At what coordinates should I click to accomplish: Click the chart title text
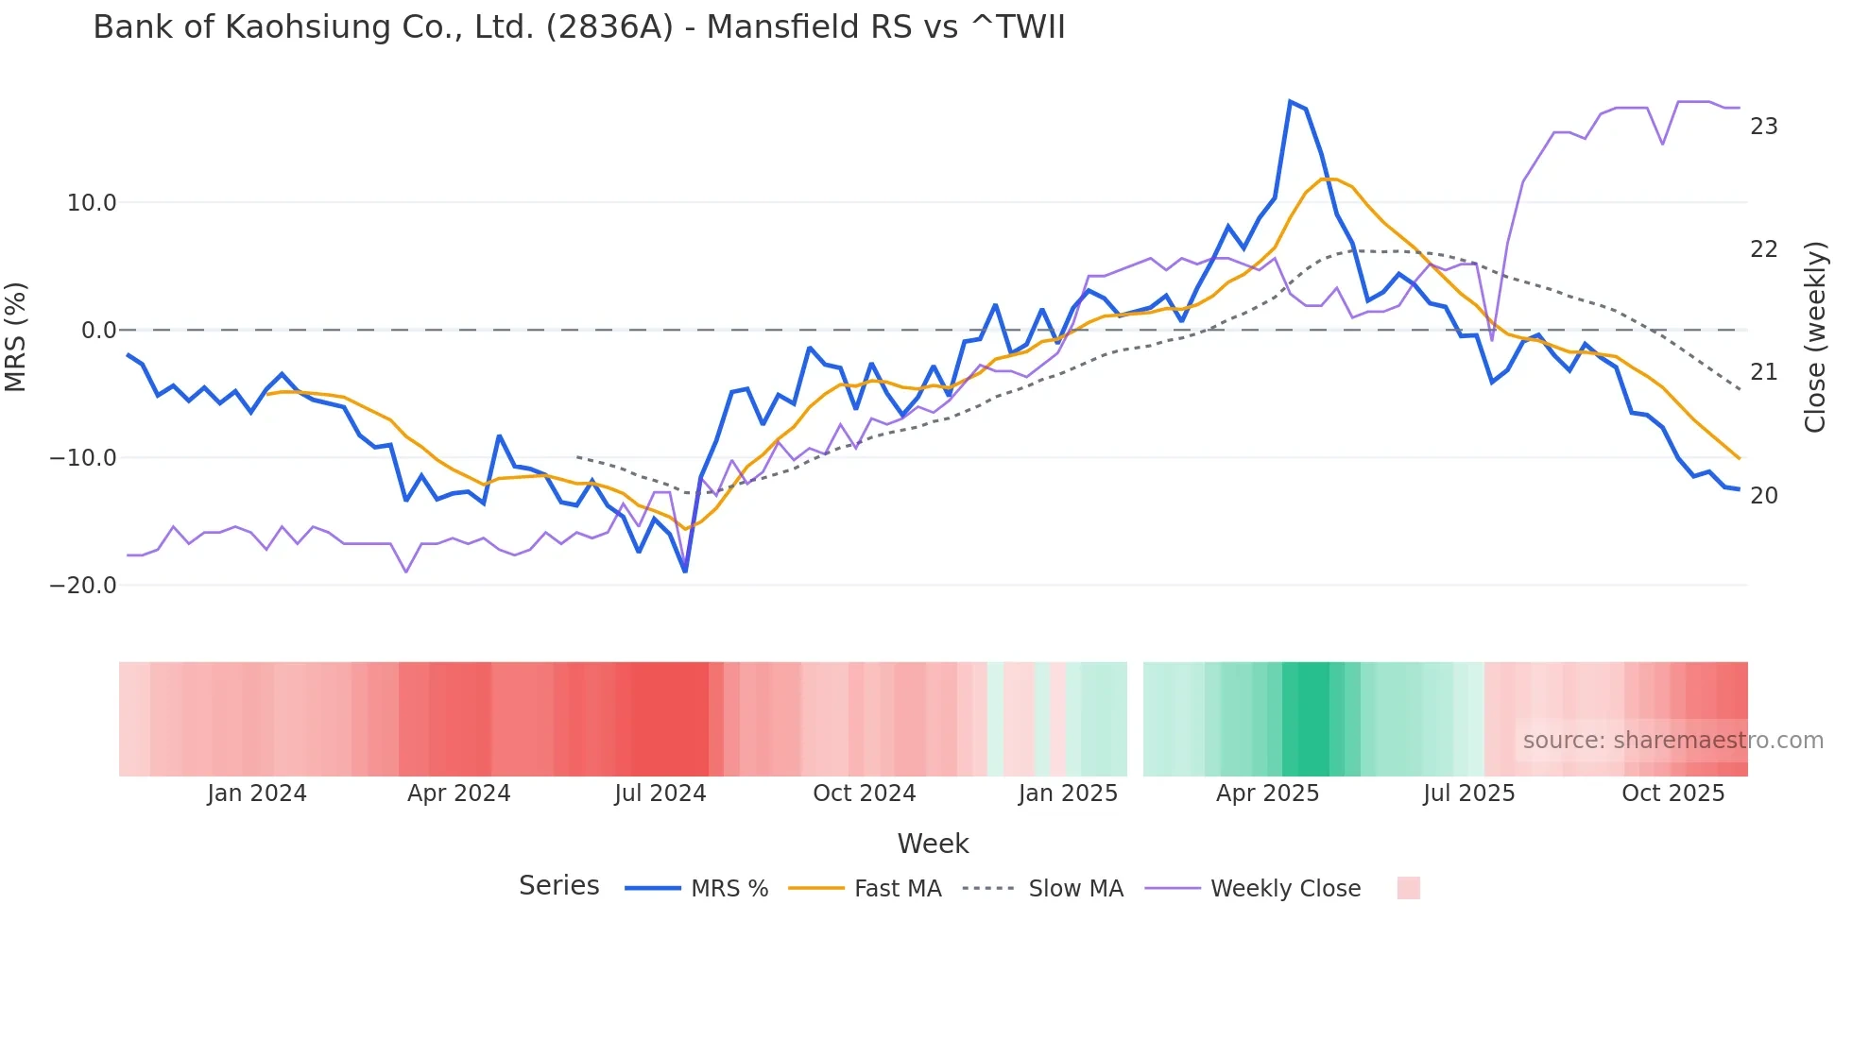click(x=578, y=27)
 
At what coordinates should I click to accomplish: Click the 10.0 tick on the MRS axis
click(x=92, y=203)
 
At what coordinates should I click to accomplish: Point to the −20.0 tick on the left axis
click(x=83, y=586)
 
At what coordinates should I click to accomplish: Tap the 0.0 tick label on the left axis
click(x=98, y=331)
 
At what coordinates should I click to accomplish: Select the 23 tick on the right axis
click(x=1763, y=127)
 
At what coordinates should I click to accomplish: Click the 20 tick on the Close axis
click(x=1763, y=496)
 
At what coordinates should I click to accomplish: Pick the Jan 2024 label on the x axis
click(x=257, y=794)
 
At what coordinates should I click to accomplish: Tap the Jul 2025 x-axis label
click(x=1468, y=794)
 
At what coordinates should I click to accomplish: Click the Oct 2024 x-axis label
click(x=864, y=794)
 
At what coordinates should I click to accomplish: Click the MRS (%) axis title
click(x=16, y=337)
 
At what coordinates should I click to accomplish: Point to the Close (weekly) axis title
click(x=1814, y=337)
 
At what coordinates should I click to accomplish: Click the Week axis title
click(x=933, y=844)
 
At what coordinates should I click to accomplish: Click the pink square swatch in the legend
click(x=1408, y=888)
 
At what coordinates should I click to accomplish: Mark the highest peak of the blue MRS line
click(x=1290, y=101)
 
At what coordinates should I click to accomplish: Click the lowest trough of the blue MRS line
click(x=685, y=572)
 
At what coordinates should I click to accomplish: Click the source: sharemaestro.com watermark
click(x=1672, y=741)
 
